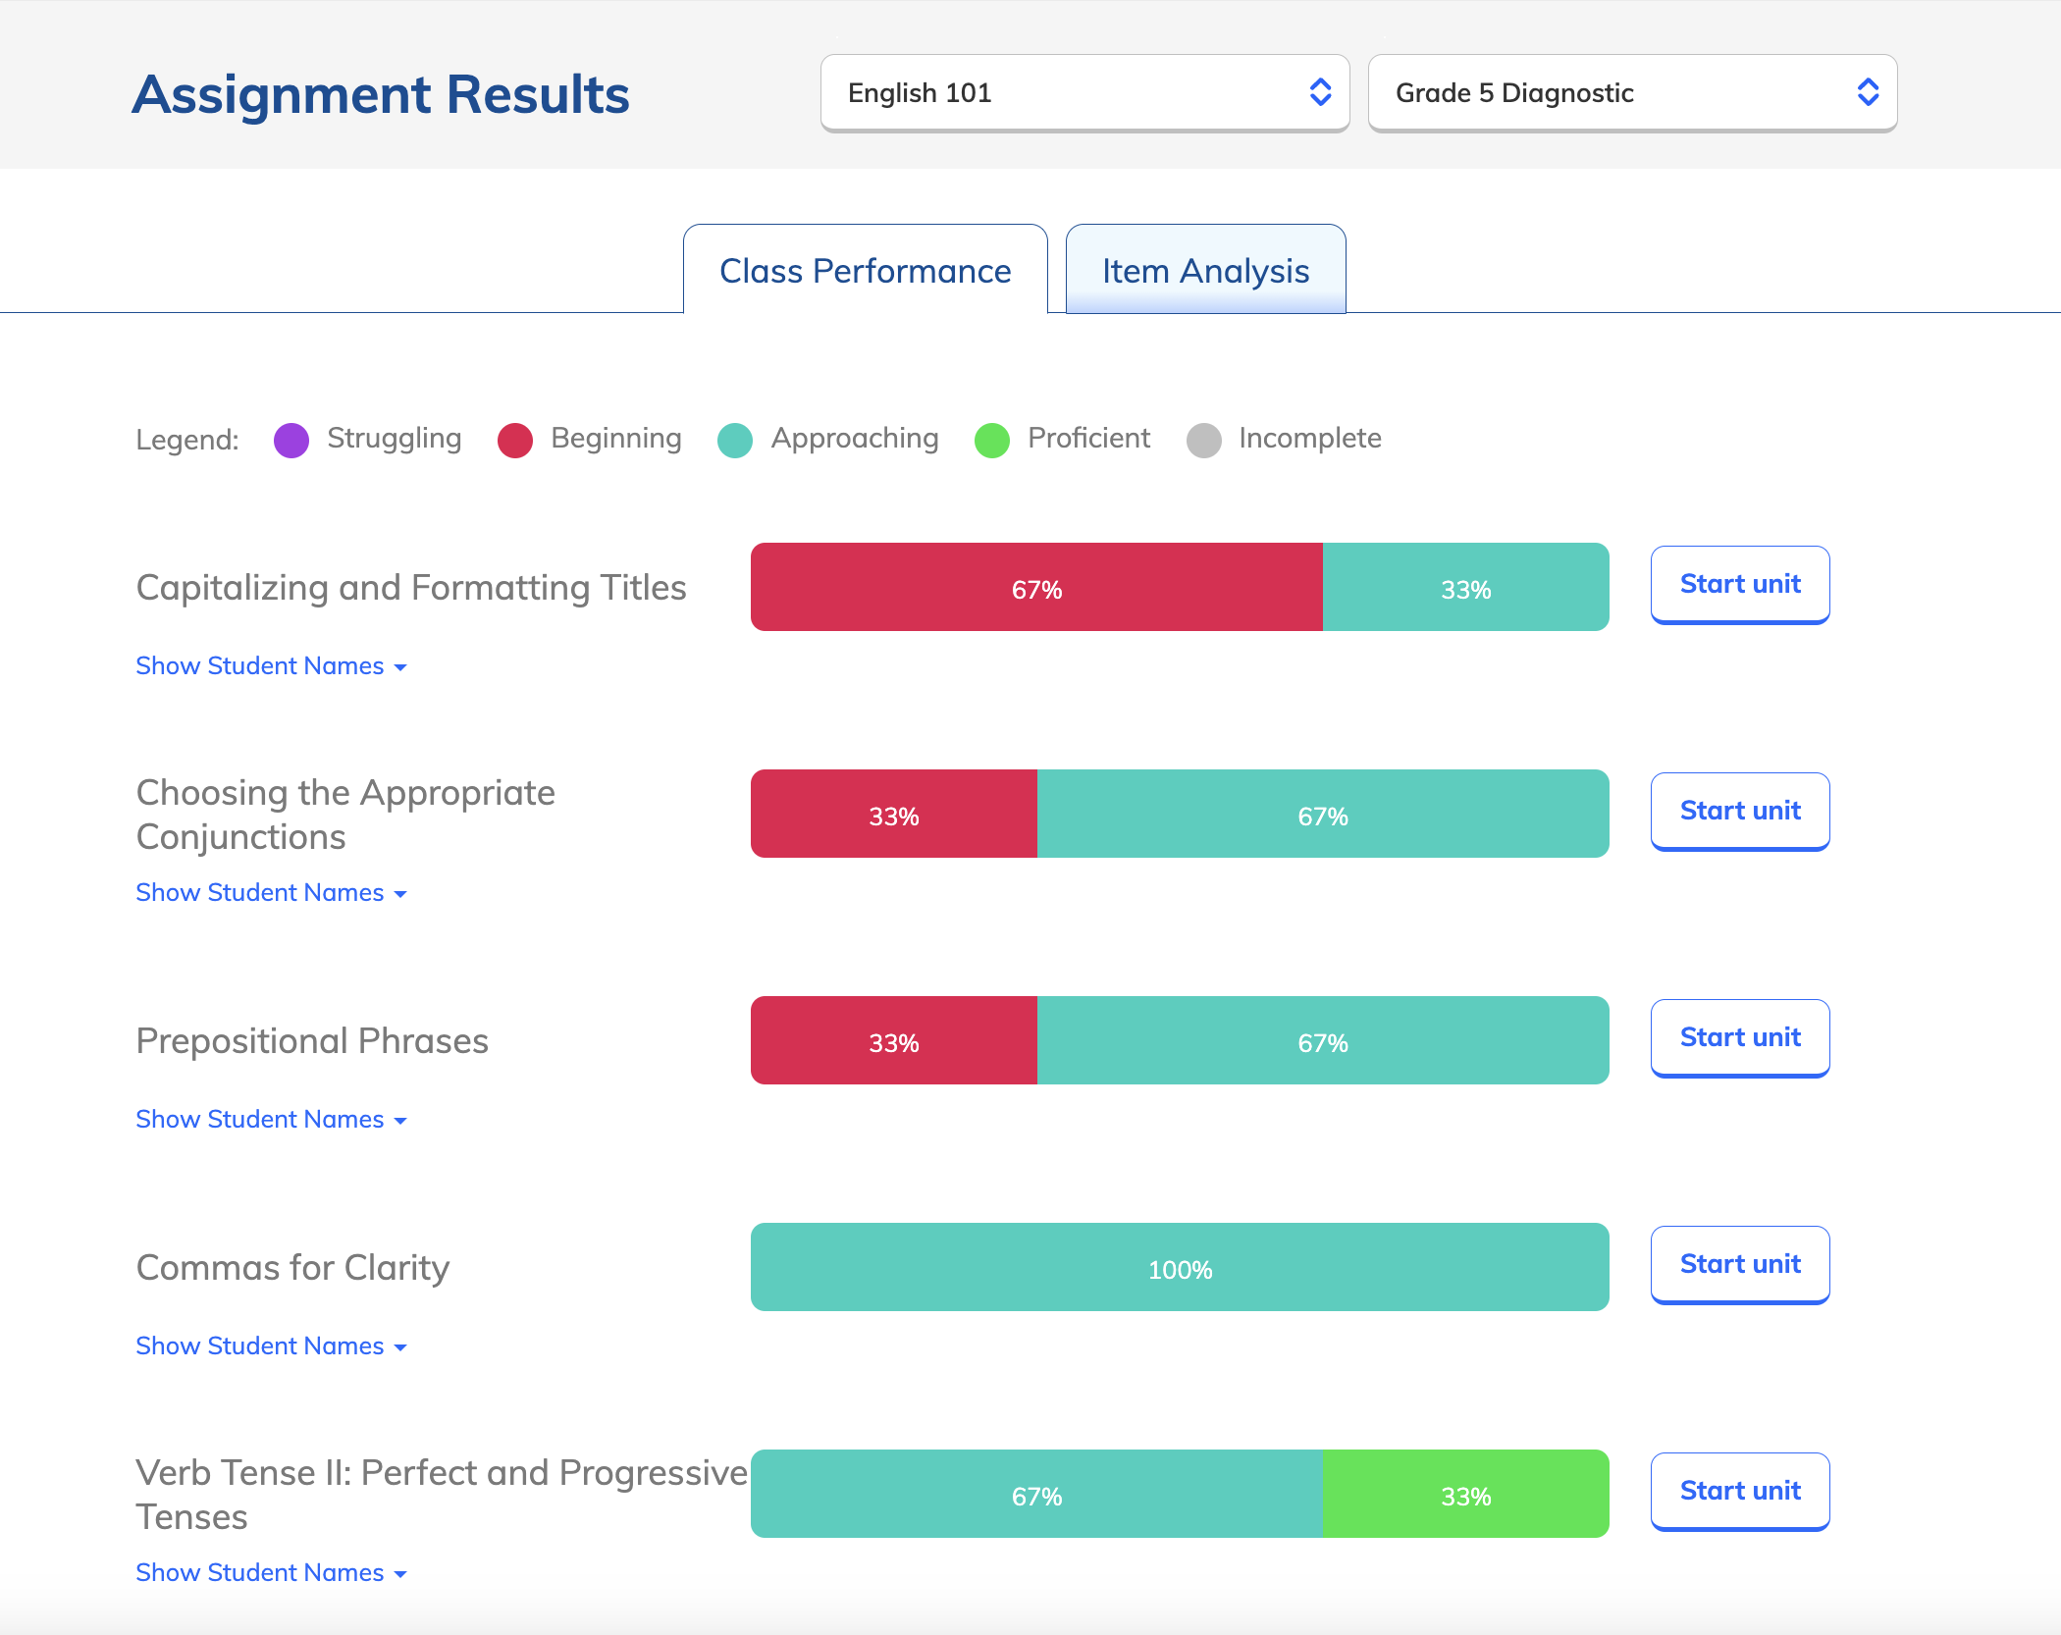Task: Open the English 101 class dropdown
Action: pyautogui.click(x=1084, y=93)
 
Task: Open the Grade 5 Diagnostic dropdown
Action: pyautogui.click(x=1631, y=93)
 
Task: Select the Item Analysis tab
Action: pyautogui.click(x=1205, y=271)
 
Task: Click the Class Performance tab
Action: pyautogui.click(x=865, y=271)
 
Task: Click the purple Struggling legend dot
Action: pyautogui.click(x=291, y=441)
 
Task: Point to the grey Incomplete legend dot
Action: pyautogui.click(x=1203, y=441)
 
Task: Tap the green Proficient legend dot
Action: pyautogui.click(x=991, y=441)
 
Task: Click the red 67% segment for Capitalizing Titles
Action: pyautogui.click(x=1036, y=588)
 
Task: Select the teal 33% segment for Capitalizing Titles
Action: pyautogui.click(x=1465, y=588)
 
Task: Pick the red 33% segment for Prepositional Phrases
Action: pyautogui.click(x=893, y=1041)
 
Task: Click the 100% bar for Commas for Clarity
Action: pyautogui.click(x=1180, y=1268)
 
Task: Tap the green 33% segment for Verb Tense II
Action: pyautogui.click(x=1465, y=1495)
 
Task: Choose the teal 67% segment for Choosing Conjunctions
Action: pyautogui.click(x=1322, y=815)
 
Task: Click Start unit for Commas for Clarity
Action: pyautogui.click(x=1739, y=1264)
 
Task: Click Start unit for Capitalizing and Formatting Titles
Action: pyautogui.click(x=1739, y=584)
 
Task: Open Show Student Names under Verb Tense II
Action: pyautogui.click(x=271, y=1573)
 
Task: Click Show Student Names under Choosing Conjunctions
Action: pyautogui.click(x=271, y=893)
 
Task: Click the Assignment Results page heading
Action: pyautogui.click(x=381, y=95)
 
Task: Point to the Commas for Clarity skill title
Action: pyautogui.click(x=292, y=1268)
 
